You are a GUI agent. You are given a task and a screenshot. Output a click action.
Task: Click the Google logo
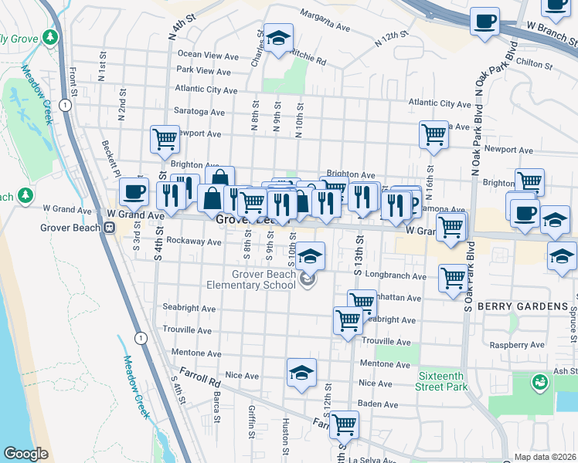pyautogui.click(x=25, y=454)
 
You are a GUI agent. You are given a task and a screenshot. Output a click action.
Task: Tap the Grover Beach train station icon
pyautogui.click(x=110, y=228)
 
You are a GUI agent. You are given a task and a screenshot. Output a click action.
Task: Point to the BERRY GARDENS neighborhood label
pyautogui.click(x=522, y=306)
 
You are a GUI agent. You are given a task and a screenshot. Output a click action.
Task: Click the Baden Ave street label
pyautogui.click(x=378, y=404)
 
